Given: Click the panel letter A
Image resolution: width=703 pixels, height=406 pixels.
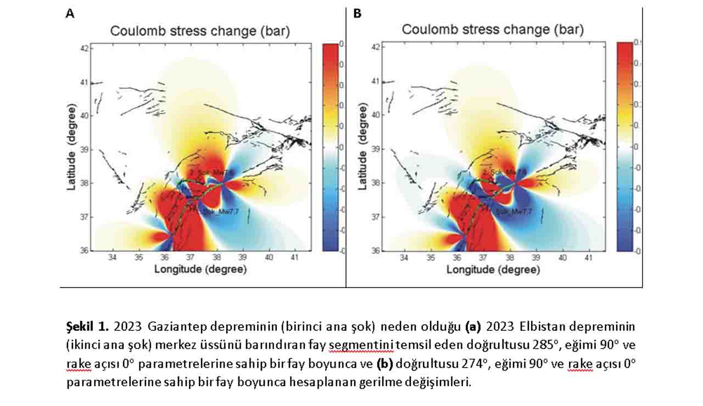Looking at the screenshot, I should (70, 14).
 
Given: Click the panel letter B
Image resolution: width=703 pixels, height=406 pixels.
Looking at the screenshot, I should (358, 14).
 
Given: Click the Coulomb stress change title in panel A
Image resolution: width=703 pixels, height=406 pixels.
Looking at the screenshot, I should (200, 31).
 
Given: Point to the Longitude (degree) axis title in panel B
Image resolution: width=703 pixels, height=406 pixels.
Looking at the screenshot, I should (493, 270).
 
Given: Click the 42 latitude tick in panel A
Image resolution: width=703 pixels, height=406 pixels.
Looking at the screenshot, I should (84, 48).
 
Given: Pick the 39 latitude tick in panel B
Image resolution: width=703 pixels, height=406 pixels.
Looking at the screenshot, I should (376, 149).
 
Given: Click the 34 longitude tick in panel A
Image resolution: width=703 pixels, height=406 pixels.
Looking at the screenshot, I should (113, 257).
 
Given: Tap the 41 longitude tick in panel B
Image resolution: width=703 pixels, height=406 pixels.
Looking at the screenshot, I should (588, 257).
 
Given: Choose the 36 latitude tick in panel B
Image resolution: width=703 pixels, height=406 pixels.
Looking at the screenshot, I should (376, 250).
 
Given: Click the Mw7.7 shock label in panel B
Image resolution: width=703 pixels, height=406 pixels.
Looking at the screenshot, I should (514, 211).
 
